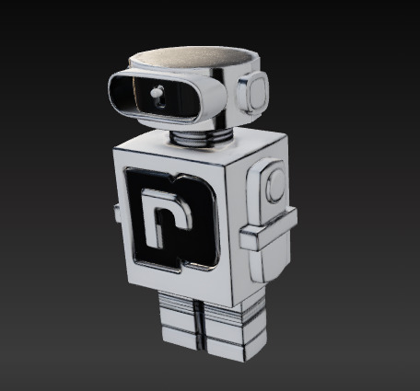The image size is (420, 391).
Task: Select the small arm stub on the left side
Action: tap(115, 213)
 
